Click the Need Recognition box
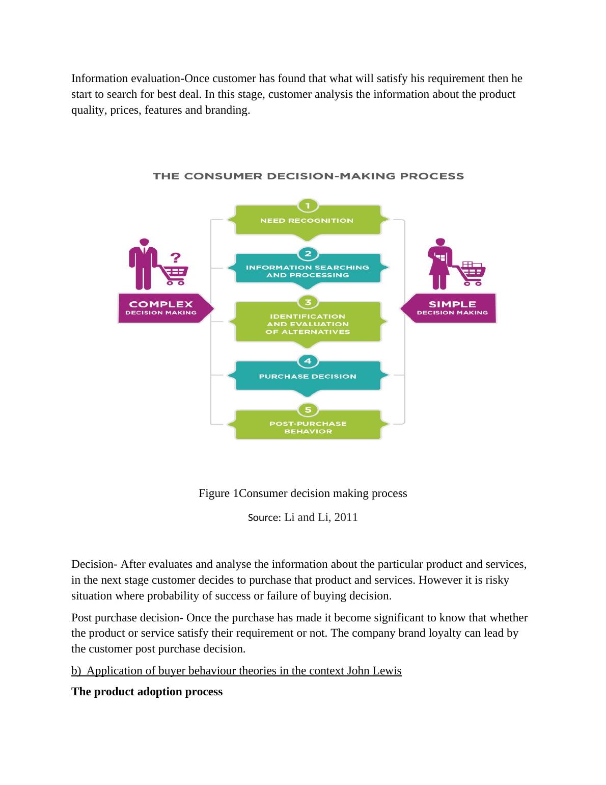308,221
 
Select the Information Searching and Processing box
308,271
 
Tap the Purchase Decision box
308,377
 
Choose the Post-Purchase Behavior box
308,427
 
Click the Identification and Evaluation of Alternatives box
308,324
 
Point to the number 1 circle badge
308,205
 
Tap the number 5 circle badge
308,410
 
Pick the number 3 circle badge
308,302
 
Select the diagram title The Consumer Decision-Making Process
309,176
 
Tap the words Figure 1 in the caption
218,493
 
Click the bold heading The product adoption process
147,692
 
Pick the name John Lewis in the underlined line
374,671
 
